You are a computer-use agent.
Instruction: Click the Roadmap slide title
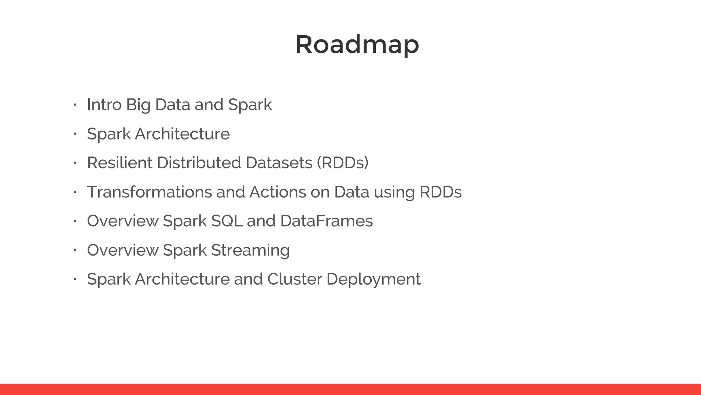coord(357,45)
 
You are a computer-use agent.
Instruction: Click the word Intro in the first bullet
coord(104,105)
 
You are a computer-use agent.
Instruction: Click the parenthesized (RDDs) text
coord(343,163)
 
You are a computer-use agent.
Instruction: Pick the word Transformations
coord(149,192)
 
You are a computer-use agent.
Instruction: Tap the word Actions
coord(277,192)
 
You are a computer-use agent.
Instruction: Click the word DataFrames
coord(326,221)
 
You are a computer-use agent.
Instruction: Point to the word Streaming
coord(250,250)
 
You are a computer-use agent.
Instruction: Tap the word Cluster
coord(294,279)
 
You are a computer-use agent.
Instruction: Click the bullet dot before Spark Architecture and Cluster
coord(74,279)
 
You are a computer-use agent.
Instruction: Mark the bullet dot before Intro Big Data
coord(74,105)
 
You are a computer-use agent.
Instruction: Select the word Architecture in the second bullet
coord(182,134)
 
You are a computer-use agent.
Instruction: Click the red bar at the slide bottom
coord(350,389)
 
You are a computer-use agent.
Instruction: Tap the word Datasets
coord(279,163)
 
